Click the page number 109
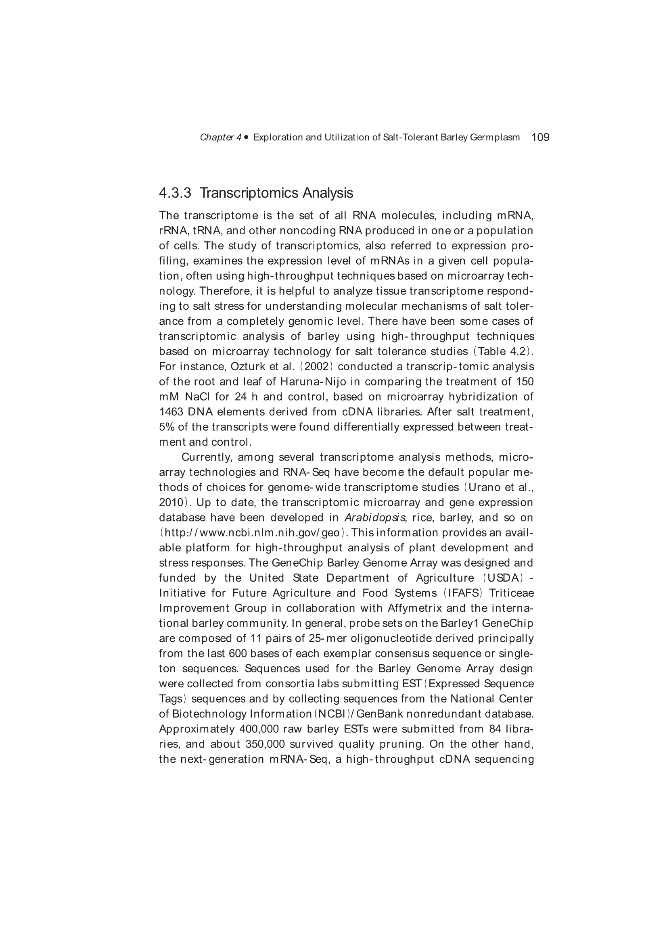[540, 137]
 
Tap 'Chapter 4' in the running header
[221, 138]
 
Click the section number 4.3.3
[175, 193]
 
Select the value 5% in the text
[166, 427]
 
